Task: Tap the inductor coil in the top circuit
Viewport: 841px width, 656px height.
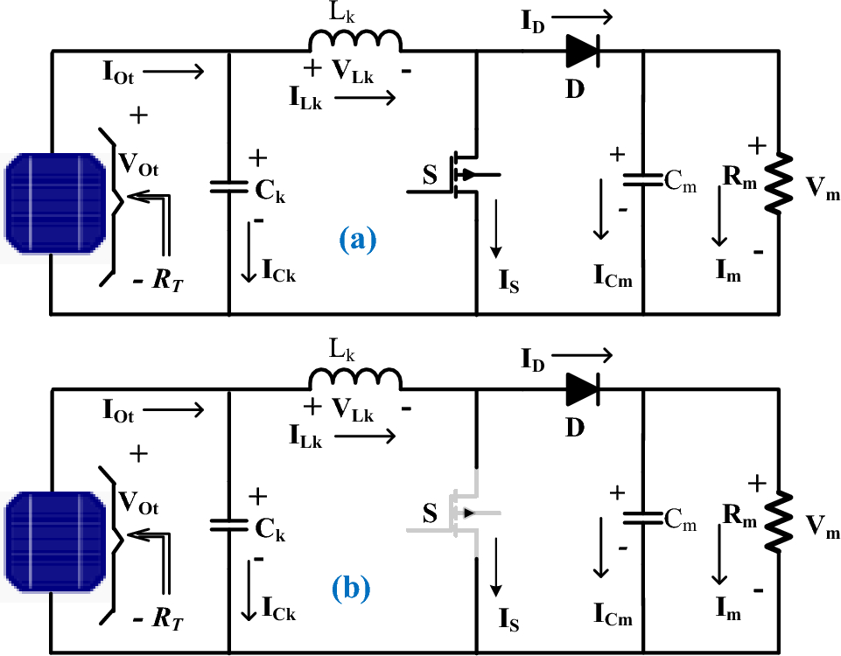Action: pyautogui.click(x=354, y=40)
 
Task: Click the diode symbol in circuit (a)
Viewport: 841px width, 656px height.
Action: pyautogui.click(x=581, y=53)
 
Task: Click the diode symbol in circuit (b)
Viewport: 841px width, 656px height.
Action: pyautogui.click(x=581, y=391)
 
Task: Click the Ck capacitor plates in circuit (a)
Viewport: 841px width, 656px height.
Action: pyautogui.click(x=229, y=185)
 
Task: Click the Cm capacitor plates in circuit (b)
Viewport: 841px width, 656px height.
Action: pyautogui.click(x=643, y=518)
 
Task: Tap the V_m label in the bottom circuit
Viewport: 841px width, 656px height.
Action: pyautogui.click(x=822, y=527)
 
